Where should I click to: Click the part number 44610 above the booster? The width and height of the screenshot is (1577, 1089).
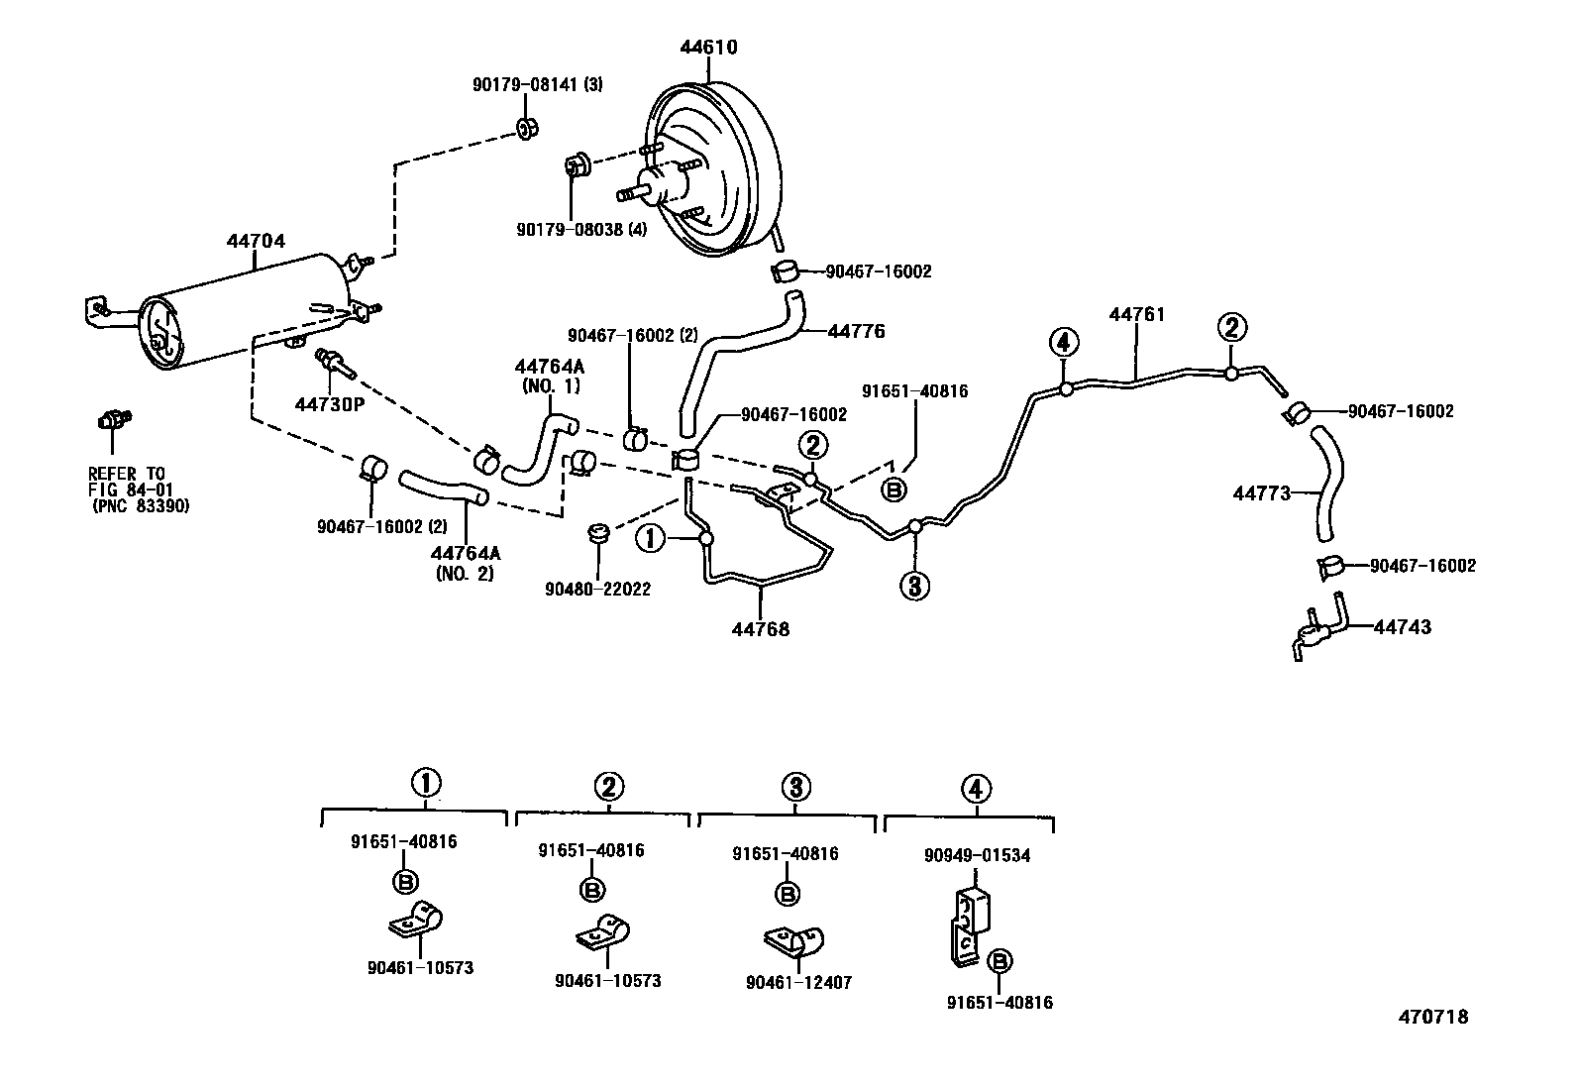coord(708,48)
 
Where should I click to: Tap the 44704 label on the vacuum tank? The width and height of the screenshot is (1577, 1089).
coord(256,241)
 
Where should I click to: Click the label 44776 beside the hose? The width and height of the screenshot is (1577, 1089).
coord(856,331)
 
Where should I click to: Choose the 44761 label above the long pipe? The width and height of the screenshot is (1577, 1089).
coord(1136,314)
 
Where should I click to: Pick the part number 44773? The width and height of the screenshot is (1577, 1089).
coord(1261,492)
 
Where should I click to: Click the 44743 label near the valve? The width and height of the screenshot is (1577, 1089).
coord(1402,627)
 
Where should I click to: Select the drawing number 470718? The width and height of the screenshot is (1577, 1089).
coord(1432,1017)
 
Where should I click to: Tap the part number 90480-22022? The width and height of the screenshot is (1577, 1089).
coord(597,589)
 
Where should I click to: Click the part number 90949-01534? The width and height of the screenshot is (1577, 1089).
coord(977,855)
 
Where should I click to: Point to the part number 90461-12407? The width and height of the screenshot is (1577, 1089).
coord(798,983)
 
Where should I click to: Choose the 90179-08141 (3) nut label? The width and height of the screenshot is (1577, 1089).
coord(536,85)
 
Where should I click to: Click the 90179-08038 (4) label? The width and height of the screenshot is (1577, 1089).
coord(581,229)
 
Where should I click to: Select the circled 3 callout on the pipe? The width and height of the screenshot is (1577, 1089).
coord(913,587)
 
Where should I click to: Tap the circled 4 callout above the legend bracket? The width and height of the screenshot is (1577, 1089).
coord(976,789)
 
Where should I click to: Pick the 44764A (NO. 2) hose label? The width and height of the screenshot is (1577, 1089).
coord(465,563)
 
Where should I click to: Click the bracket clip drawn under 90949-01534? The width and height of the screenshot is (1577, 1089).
coord(967,925)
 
